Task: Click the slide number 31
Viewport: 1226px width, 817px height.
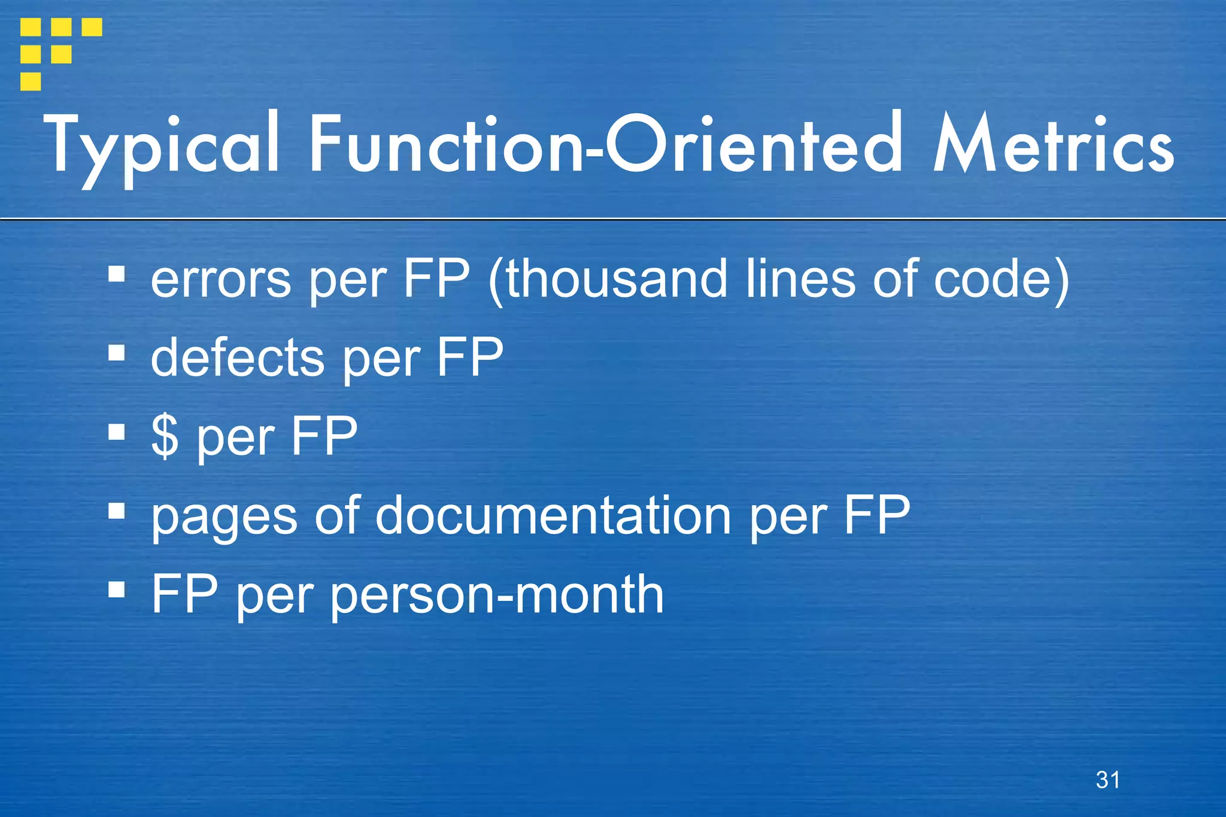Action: (1107, 780)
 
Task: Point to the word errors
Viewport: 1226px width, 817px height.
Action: (220, 280)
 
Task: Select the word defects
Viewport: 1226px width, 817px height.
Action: (237, 358)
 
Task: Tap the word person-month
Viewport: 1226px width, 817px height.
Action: (497, 595)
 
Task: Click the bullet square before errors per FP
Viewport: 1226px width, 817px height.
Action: (117, 275)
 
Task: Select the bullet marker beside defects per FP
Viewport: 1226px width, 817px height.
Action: (117, 353)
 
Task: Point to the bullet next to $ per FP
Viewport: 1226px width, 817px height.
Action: (117, 432)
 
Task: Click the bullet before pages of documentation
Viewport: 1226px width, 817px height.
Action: (117, 511)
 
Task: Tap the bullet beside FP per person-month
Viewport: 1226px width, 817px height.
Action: (117, 590)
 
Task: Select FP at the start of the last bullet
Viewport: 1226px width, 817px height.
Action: (184, 594)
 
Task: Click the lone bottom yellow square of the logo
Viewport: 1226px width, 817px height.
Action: (31, 81)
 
